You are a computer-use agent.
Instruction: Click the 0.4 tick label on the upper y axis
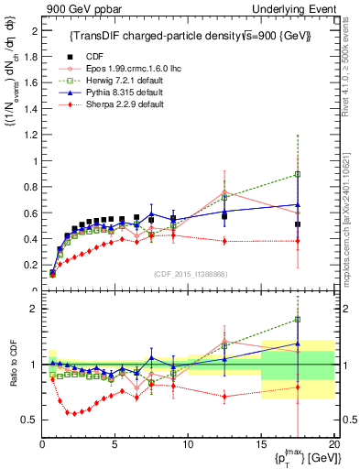point(32,239)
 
